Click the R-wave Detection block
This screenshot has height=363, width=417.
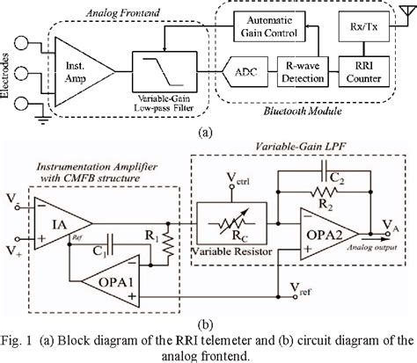pos(286,69)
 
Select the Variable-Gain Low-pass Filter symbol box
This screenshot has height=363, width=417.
pos(157,65)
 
